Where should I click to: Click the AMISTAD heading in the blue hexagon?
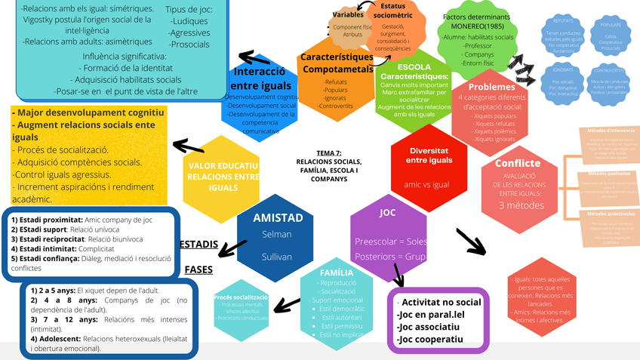point(278,218)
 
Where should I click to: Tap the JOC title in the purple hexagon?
point(387,213)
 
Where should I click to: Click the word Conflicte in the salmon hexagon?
point(517,163)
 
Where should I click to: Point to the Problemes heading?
point(486,87)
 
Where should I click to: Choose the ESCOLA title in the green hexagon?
point(414,66)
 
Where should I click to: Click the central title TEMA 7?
point(329,153)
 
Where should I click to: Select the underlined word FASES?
point(198,269)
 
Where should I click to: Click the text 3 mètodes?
point(517,205)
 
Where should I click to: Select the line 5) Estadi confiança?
point(45,257)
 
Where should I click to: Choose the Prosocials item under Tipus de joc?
point(189,44)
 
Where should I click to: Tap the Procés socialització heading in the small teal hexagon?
point(241,297)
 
